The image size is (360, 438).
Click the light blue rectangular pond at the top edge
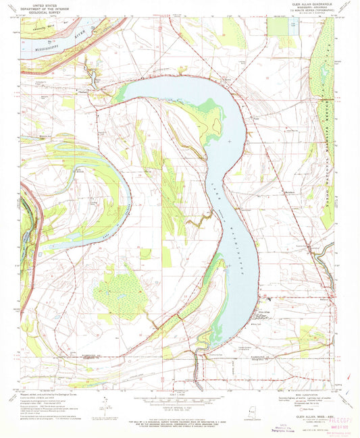(292, 26)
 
